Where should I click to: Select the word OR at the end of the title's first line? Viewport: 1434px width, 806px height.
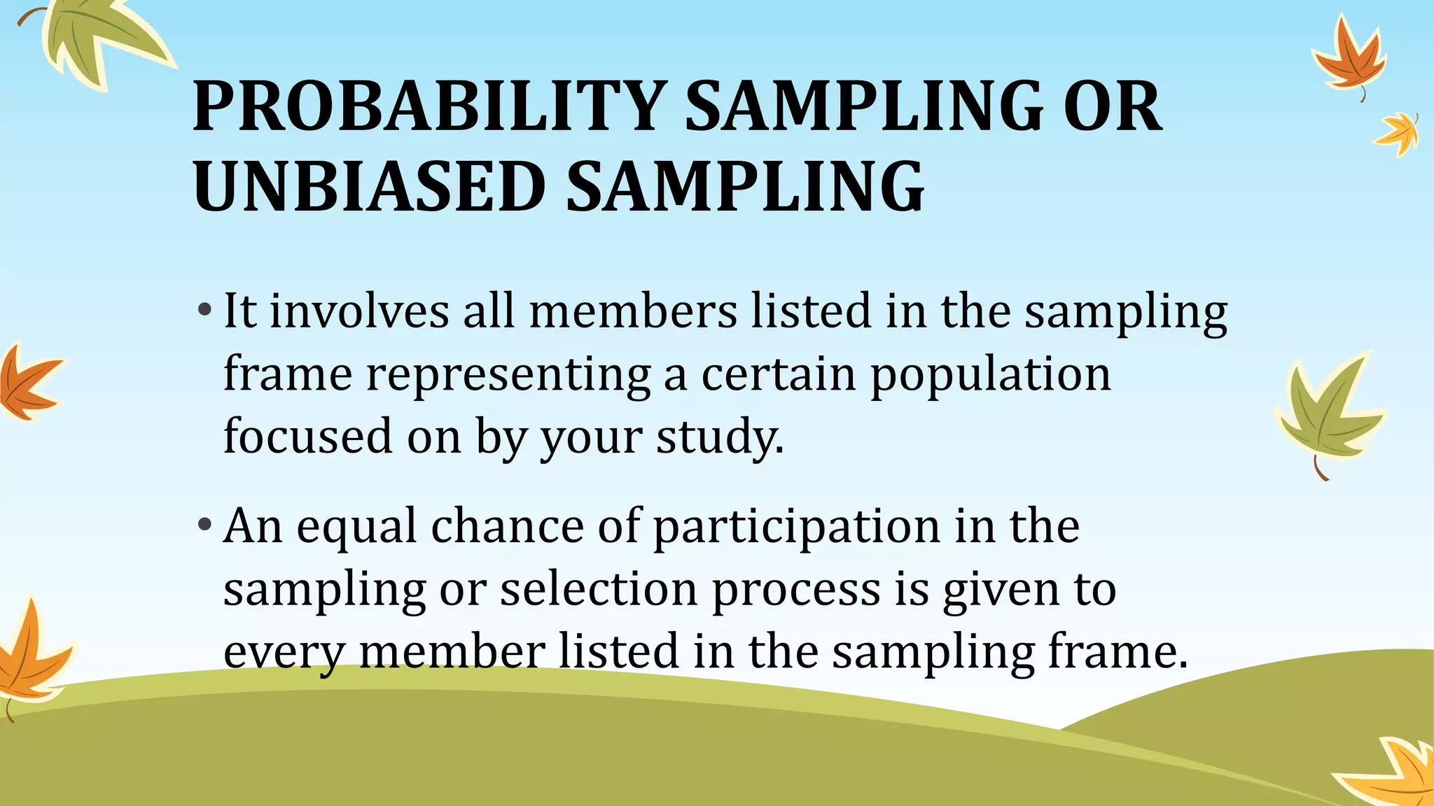[1112, 106]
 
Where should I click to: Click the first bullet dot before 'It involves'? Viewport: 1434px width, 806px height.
[204, 309]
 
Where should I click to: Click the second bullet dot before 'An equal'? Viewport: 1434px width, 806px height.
[204, 524]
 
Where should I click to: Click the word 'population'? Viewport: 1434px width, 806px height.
[990, 375]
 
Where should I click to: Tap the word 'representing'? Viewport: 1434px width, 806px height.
[508, 375]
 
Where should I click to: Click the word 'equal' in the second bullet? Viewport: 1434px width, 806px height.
[356, 526]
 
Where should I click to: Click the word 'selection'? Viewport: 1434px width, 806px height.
[598, 589]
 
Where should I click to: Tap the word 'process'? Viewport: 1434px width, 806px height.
[796, 589]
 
